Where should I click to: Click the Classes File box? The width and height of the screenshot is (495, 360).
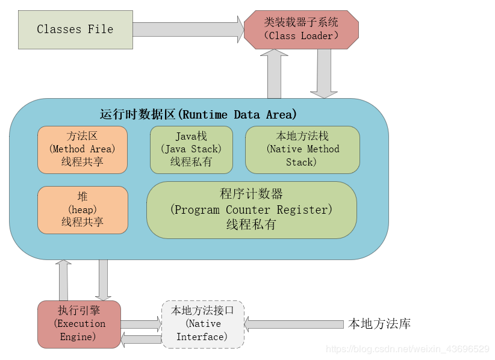[75, 29]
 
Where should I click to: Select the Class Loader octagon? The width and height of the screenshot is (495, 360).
[301, 29]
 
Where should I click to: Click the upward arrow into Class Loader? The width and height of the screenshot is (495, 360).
[275, 74]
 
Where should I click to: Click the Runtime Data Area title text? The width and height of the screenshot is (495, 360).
[198, 114]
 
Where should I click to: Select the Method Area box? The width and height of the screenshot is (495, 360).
[82, 149]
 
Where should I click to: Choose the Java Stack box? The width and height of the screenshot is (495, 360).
[191, 149]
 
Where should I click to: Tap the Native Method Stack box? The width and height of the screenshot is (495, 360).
[302, 149]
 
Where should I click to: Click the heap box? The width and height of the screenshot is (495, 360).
[82, 209]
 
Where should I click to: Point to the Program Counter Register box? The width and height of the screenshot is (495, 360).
[251, 210]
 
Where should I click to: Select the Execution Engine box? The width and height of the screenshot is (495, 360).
[79, 324]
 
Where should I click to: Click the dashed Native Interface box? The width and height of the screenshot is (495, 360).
[202, 324]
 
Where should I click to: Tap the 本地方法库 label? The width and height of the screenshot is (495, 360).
[379, 324]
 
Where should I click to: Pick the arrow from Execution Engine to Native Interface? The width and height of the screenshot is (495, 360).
[142, 324]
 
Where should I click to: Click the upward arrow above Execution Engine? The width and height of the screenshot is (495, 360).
[63, 280]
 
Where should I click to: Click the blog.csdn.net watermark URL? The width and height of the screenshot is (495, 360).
[408, 349]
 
